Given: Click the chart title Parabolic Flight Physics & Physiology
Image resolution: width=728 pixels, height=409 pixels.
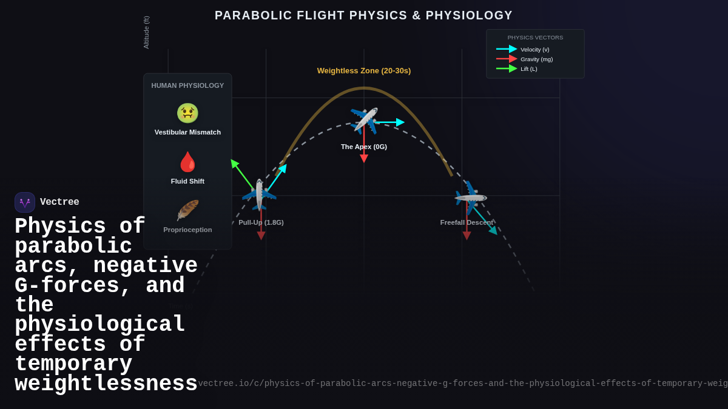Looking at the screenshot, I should [x=363, y=16].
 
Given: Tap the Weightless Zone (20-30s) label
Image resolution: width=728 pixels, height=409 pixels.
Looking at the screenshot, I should [x=363, y=71].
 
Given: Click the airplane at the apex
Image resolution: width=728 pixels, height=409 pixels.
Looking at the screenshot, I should [x=364, y=120].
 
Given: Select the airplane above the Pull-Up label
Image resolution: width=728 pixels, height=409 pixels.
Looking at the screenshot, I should [x=260, y=195].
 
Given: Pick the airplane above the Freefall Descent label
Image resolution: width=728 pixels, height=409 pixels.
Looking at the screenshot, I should [x=470, y=198].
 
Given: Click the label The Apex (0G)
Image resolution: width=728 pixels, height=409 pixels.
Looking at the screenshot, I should [x=363, y=147].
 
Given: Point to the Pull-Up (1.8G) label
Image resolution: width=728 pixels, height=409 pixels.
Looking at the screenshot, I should [x=261, y=222].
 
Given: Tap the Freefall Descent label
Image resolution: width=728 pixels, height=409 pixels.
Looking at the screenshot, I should [x=466, y=222].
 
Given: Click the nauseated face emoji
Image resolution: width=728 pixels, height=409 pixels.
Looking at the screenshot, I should [x=187, y=113].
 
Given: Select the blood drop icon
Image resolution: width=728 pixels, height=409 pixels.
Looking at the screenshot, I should [x=187, y=162].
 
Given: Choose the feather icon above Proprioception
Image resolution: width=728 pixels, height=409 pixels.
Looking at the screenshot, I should [x=187, y=210].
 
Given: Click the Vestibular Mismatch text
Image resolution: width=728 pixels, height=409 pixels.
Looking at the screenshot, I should [x=187, y=132].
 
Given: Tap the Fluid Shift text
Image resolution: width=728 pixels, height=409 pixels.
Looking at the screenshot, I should [x=187, y=181].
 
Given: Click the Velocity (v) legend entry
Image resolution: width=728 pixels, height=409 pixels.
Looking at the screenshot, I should [x=534, y=50].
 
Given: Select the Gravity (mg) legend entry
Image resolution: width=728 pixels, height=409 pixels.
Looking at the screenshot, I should [x=536, y=59].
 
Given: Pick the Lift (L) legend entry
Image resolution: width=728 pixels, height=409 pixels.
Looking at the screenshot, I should [x=528, y=69].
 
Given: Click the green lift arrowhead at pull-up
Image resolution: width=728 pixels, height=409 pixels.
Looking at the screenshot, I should [x=234, y=163].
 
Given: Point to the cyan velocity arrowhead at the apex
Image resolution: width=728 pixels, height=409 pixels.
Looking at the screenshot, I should [x=400, y=122].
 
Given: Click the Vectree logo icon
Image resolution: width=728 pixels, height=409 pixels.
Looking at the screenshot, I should [x=25, y=202].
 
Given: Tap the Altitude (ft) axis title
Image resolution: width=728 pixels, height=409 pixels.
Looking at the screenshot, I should [x=146, y=33].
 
